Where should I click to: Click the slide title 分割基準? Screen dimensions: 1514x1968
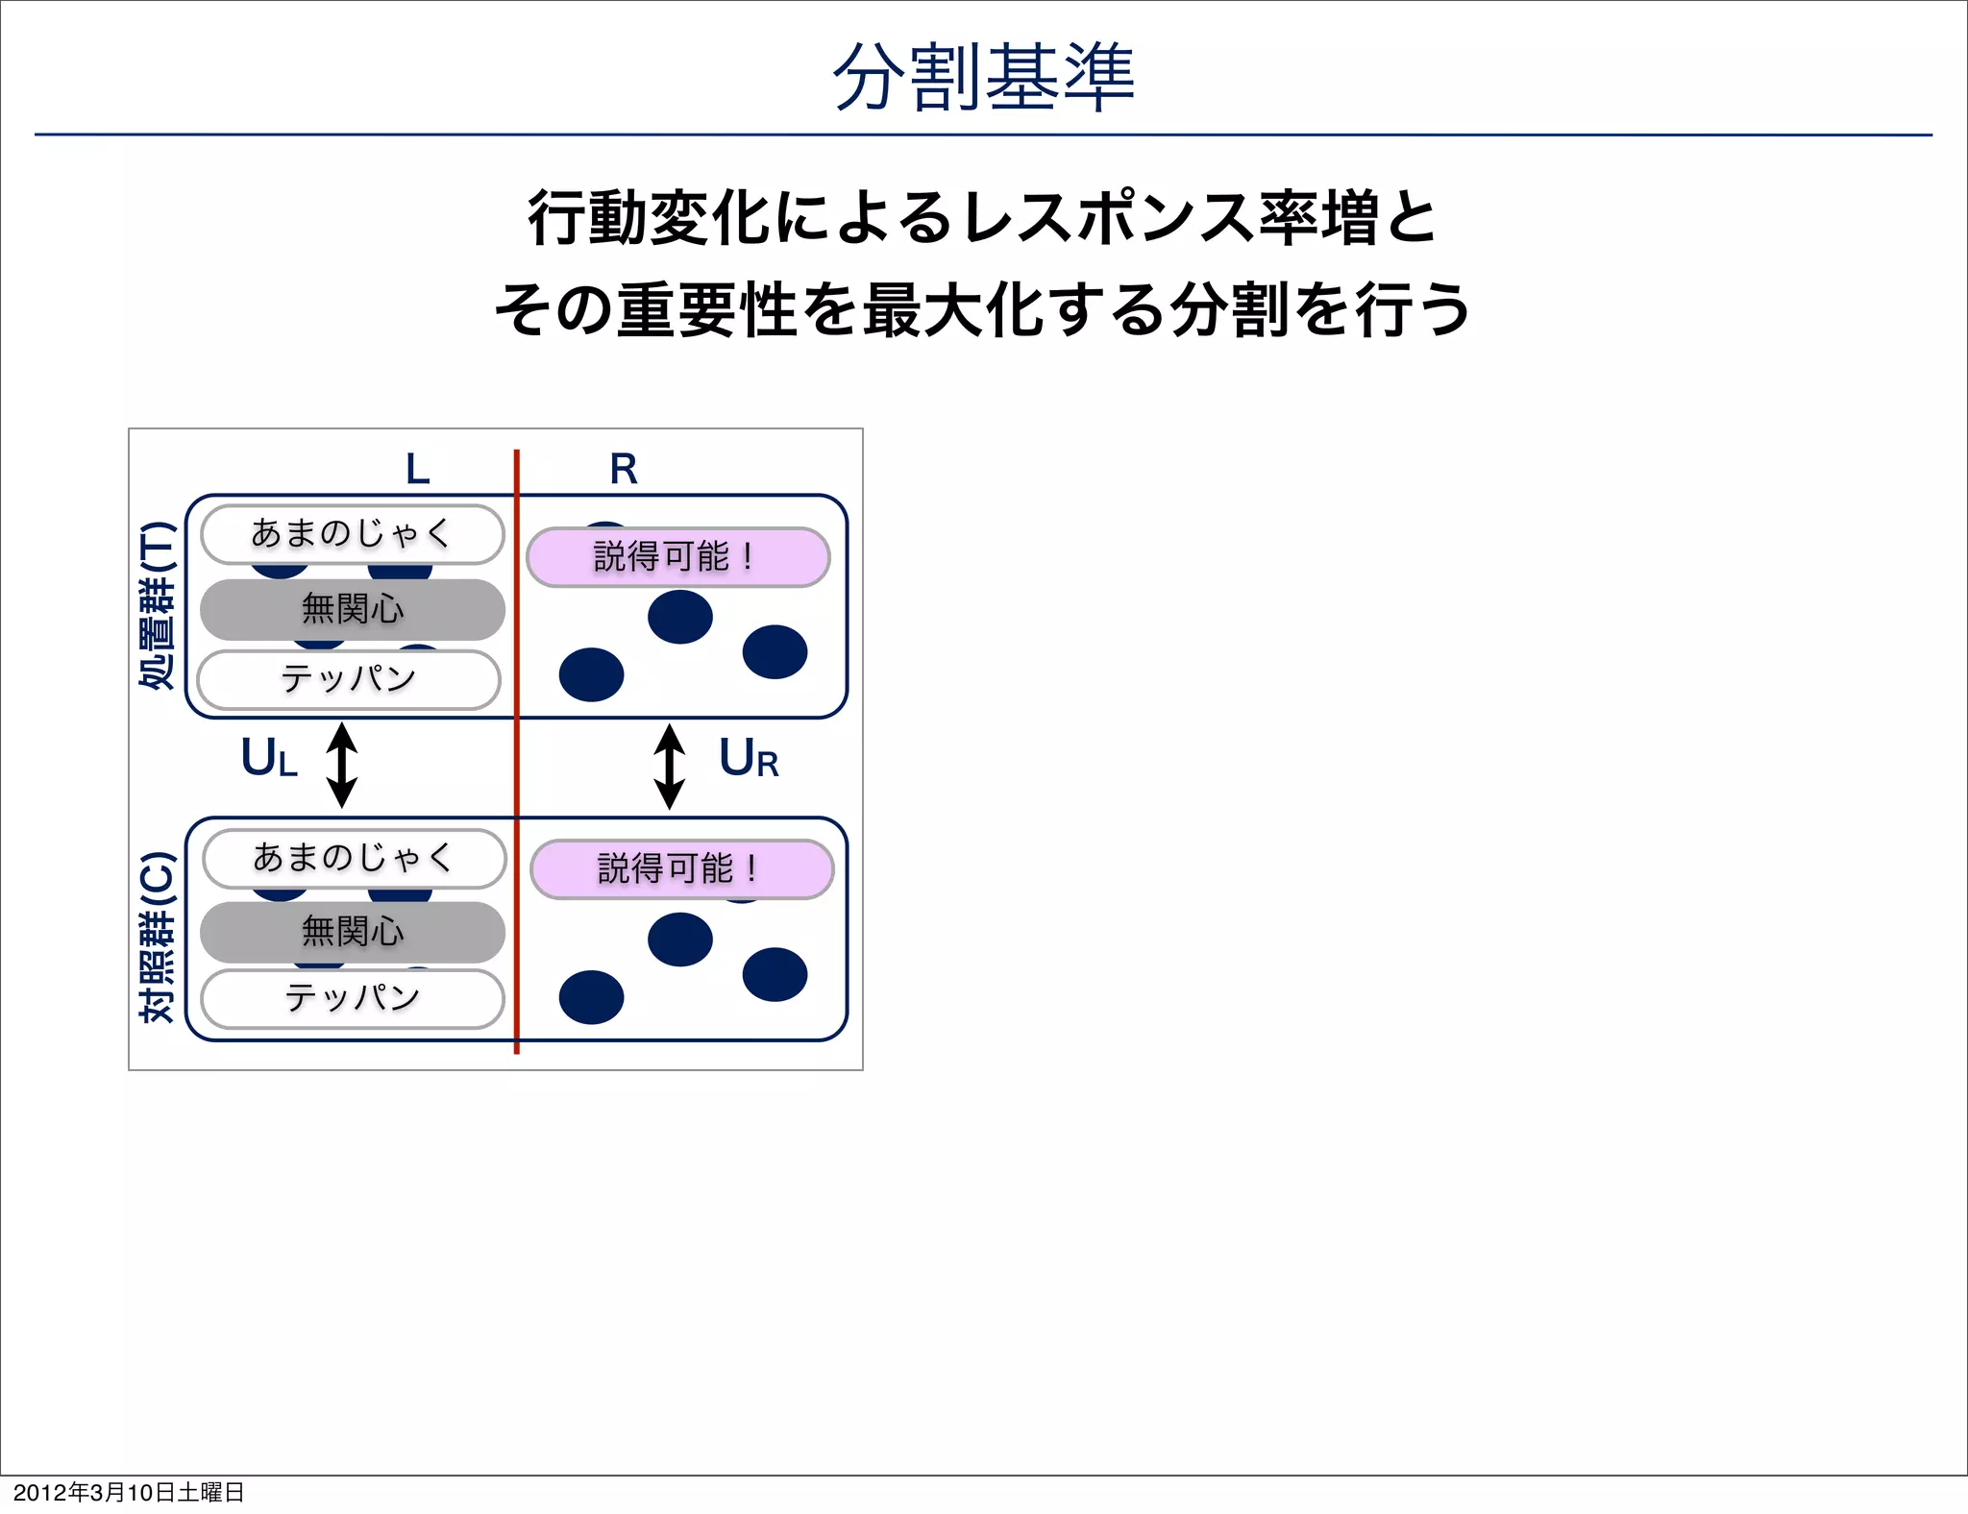pos(983,77)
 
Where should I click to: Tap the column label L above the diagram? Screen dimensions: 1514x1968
pos(417,470)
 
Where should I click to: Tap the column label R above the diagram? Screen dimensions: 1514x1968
pos(624,470)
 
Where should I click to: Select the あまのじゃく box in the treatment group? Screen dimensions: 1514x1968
pos(352,534)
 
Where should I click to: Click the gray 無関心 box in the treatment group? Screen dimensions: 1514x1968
pos(352,609)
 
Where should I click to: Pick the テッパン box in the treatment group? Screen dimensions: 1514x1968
pos(349,679)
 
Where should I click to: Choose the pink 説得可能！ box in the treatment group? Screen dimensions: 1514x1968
pos(677,556)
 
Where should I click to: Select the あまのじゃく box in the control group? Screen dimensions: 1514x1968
pos(354,858)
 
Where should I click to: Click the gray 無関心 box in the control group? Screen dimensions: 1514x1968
pos(352,932)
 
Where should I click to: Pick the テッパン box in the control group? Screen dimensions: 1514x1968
pos(352,998)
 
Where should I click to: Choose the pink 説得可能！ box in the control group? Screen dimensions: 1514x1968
pos(681,868)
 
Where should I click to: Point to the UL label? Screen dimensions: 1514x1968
pos(269,758)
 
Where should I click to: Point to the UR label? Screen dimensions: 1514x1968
pos(748,759)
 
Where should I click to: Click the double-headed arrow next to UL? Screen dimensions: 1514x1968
pos(342,766)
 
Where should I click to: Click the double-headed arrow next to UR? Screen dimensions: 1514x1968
pos(669,767)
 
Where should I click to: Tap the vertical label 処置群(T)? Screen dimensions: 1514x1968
pos(158,605)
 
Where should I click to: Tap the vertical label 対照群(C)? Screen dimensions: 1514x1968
pos(158,937)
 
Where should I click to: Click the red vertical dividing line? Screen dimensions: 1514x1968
pos(517,769)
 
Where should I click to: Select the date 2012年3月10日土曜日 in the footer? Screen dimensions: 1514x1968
pos(129,1492)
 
